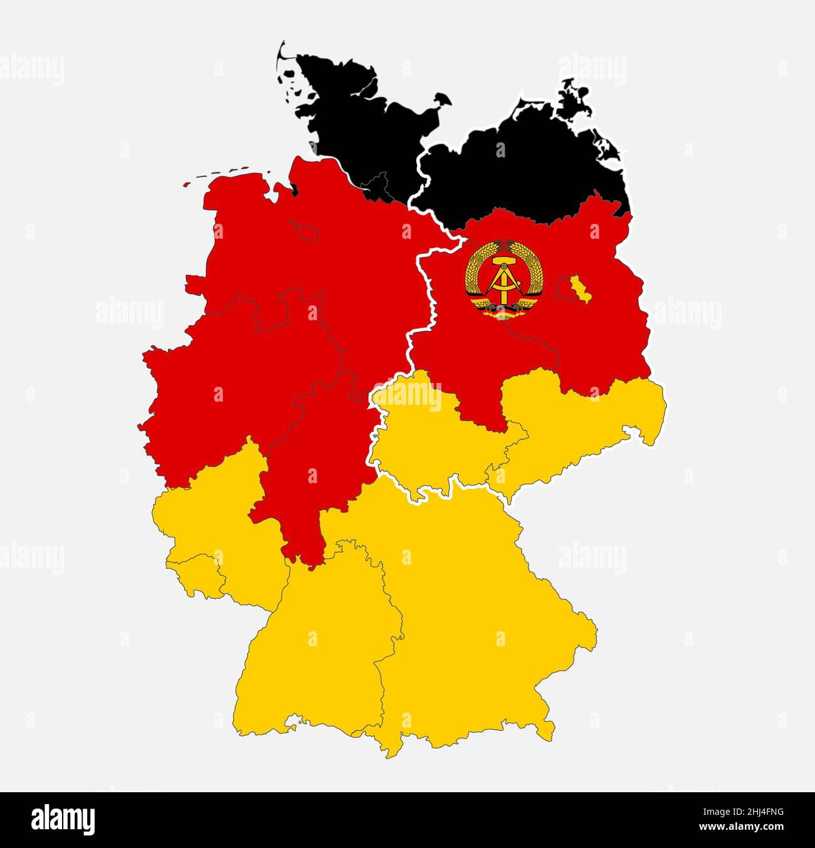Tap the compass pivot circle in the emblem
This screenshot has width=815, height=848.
[504, 274]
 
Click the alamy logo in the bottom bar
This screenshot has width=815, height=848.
[63, 819]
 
